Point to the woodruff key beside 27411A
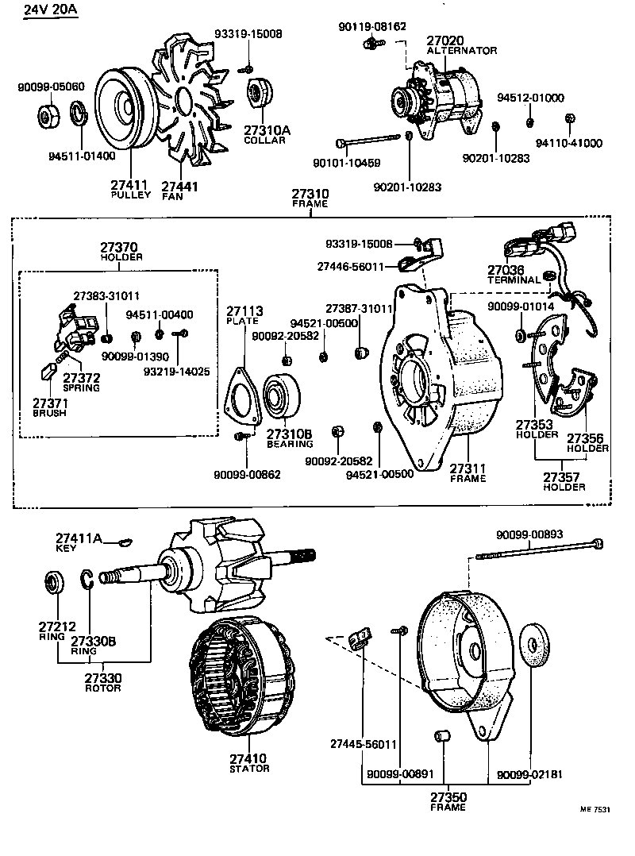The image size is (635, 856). pyautogui.click(x=122, y=542)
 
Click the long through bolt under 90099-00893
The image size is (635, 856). pyautogui.click(x=540, y=549)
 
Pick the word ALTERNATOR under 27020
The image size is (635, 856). pyautogui.click(x=462, y=50)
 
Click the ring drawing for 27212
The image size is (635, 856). pyautogui.click(x=53, y=583)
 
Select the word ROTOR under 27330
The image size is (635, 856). pyautogui.click(x=103, y=688)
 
